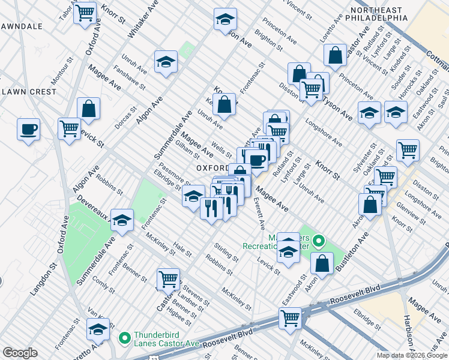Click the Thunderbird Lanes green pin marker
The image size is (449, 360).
click(x=125, y=338)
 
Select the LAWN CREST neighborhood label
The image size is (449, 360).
click(x=29, y=92)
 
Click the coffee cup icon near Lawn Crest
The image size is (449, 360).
click(x=28, y=129)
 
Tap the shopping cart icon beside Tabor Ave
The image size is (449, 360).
click(x=85, y=12)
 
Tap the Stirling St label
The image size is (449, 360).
click(x=226, y=251)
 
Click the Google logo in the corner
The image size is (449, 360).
click(x=20, y=353)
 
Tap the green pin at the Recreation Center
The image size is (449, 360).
click(x=319, y=242)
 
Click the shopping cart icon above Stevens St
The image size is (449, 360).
click(x=168, y=278)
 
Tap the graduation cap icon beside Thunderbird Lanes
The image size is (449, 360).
click(x=98, y=329)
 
